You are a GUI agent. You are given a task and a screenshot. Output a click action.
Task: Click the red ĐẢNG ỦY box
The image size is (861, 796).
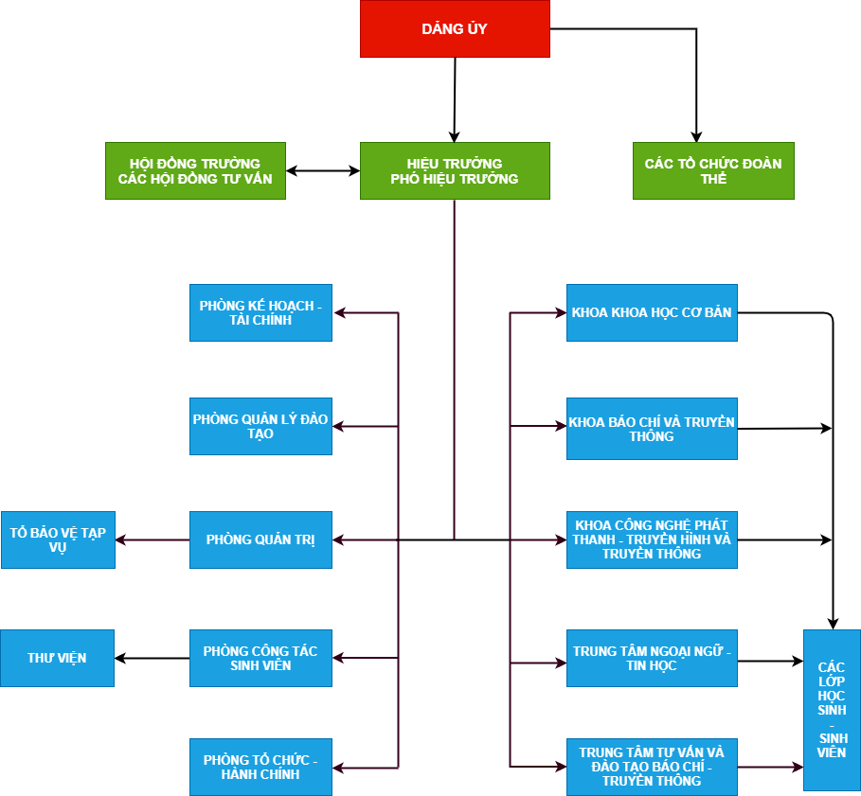tap(455, 28)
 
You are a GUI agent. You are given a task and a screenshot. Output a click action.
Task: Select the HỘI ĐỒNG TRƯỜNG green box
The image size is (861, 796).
tap(195, 170)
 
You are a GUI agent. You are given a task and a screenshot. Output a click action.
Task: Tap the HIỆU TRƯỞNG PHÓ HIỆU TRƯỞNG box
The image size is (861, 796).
tap(455, 170)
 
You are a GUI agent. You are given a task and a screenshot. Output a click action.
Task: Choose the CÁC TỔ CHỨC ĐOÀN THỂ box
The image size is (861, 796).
tap(713, 170)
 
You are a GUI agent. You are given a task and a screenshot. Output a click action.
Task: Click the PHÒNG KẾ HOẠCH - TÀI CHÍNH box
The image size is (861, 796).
tap(260, 312)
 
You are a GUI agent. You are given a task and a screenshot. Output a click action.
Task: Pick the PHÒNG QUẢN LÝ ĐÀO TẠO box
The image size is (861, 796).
tap(260, 426)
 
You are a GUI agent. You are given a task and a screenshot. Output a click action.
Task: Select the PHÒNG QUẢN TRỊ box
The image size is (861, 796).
tap(260, 540)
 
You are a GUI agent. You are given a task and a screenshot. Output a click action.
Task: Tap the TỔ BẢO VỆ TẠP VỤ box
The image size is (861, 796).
tap(58, 540)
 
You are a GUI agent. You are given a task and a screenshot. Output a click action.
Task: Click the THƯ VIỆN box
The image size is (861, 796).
tap(57, 658)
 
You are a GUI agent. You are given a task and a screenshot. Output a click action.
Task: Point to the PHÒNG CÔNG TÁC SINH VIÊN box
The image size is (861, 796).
tap(260, 658)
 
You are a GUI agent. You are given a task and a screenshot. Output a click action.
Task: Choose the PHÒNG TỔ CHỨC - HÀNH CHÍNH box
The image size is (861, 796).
tap(260, 767)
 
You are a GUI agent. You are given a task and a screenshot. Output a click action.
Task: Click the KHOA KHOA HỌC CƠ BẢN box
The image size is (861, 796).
tap(652, 312)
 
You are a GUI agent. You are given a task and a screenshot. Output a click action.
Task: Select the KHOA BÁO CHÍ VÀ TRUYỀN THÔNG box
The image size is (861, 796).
tap(652, 429)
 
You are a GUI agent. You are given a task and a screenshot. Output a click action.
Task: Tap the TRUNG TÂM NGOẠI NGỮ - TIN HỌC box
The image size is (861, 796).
tap(652, 658)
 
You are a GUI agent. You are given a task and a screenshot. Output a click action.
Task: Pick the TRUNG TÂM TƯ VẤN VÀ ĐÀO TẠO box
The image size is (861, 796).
tap(652, 767)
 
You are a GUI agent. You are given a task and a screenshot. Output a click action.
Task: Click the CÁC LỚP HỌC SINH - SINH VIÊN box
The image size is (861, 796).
tap(832, 711)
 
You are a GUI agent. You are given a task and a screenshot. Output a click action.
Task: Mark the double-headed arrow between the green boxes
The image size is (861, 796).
tap(323, 170)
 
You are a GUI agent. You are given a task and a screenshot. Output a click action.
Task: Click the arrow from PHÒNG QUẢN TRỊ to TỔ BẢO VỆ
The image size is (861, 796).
tap(152, 540)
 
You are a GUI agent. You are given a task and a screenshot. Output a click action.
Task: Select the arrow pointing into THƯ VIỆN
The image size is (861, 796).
tap(152, 658)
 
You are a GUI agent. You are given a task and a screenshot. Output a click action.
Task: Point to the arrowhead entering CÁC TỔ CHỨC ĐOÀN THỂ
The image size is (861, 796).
tap(696, 136)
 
